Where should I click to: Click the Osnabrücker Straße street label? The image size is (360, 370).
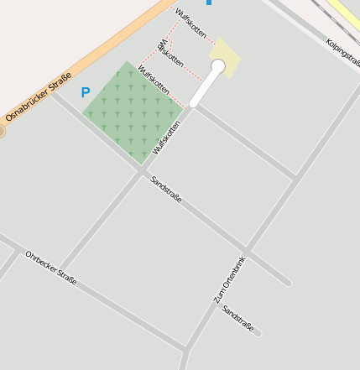click(39, 96)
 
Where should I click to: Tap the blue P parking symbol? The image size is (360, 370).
click(85, 92)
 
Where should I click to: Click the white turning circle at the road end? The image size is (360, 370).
click(218, 65)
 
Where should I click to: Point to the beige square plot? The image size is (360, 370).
click(227, 57)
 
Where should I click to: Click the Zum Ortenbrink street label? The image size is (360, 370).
click(228, 279)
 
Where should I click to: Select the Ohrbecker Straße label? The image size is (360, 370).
click(50, 267)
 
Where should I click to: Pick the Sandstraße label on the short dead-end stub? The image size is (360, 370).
click(237, 319)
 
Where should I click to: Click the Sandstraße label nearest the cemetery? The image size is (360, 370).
click(166, 188)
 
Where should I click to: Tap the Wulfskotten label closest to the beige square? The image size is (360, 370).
click(191, 23)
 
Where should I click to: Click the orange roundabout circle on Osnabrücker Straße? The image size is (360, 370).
click(1, 131)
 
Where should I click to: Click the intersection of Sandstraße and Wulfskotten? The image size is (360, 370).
click(142, 171)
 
